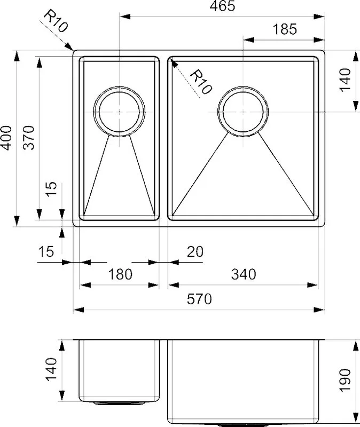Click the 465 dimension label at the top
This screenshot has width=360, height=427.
[222, 6]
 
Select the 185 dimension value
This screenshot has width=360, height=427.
[285, 29]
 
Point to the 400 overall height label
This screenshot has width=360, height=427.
[6, 138]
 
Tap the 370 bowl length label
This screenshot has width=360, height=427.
[28, 138]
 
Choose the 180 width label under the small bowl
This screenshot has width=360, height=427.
[120, 274]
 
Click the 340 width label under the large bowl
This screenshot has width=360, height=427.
[244, 274]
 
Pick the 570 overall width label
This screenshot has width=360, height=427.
[199, 299]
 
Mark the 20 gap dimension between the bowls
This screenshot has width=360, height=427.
[195, 251]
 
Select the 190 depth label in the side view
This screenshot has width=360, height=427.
[345, 380]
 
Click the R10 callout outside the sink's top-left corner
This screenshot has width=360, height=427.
[56, 21]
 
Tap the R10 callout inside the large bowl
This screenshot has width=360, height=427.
[201, 82]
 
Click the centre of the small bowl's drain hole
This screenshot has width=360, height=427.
[119, 112]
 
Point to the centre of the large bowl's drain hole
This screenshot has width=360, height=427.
[243, 112]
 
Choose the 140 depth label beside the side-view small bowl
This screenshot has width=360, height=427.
[51, 369]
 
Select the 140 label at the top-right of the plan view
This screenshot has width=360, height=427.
[345, 80]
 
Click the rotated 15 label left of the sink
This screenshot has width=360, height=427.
[51, 189]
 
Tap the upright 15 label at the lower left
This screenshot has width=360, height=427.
[46, 251]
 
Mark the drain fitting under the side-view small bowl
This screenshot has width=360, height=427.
[119, 403]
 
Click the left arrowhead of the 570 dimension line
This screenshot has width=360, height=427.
[79, 310]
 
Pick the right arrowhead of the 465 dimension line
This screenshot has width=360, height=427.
[319, 17]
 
